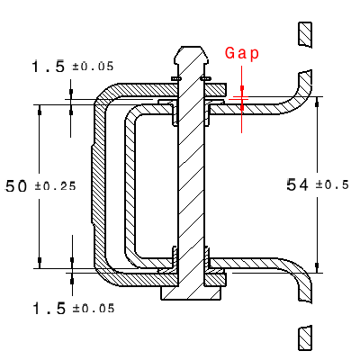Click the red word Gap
tap(241, 53)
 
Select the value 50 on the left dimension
tap(16, 186)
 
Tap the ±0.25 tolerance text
tap(55, 187)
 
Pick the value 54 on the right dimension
tap(298, 184)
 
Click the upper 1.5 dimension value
tap(48, 67)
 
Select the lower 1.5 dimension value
tap(48, 308)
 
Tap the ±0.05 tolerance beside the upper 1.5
tap(93, 67)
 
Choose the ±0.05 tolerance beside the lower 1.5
tap(93, 308)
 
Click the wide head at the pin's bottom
tap(191, 292)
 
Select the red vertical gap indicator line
tap(242, 112)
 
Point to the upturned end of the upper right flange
tap(306, 85)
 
